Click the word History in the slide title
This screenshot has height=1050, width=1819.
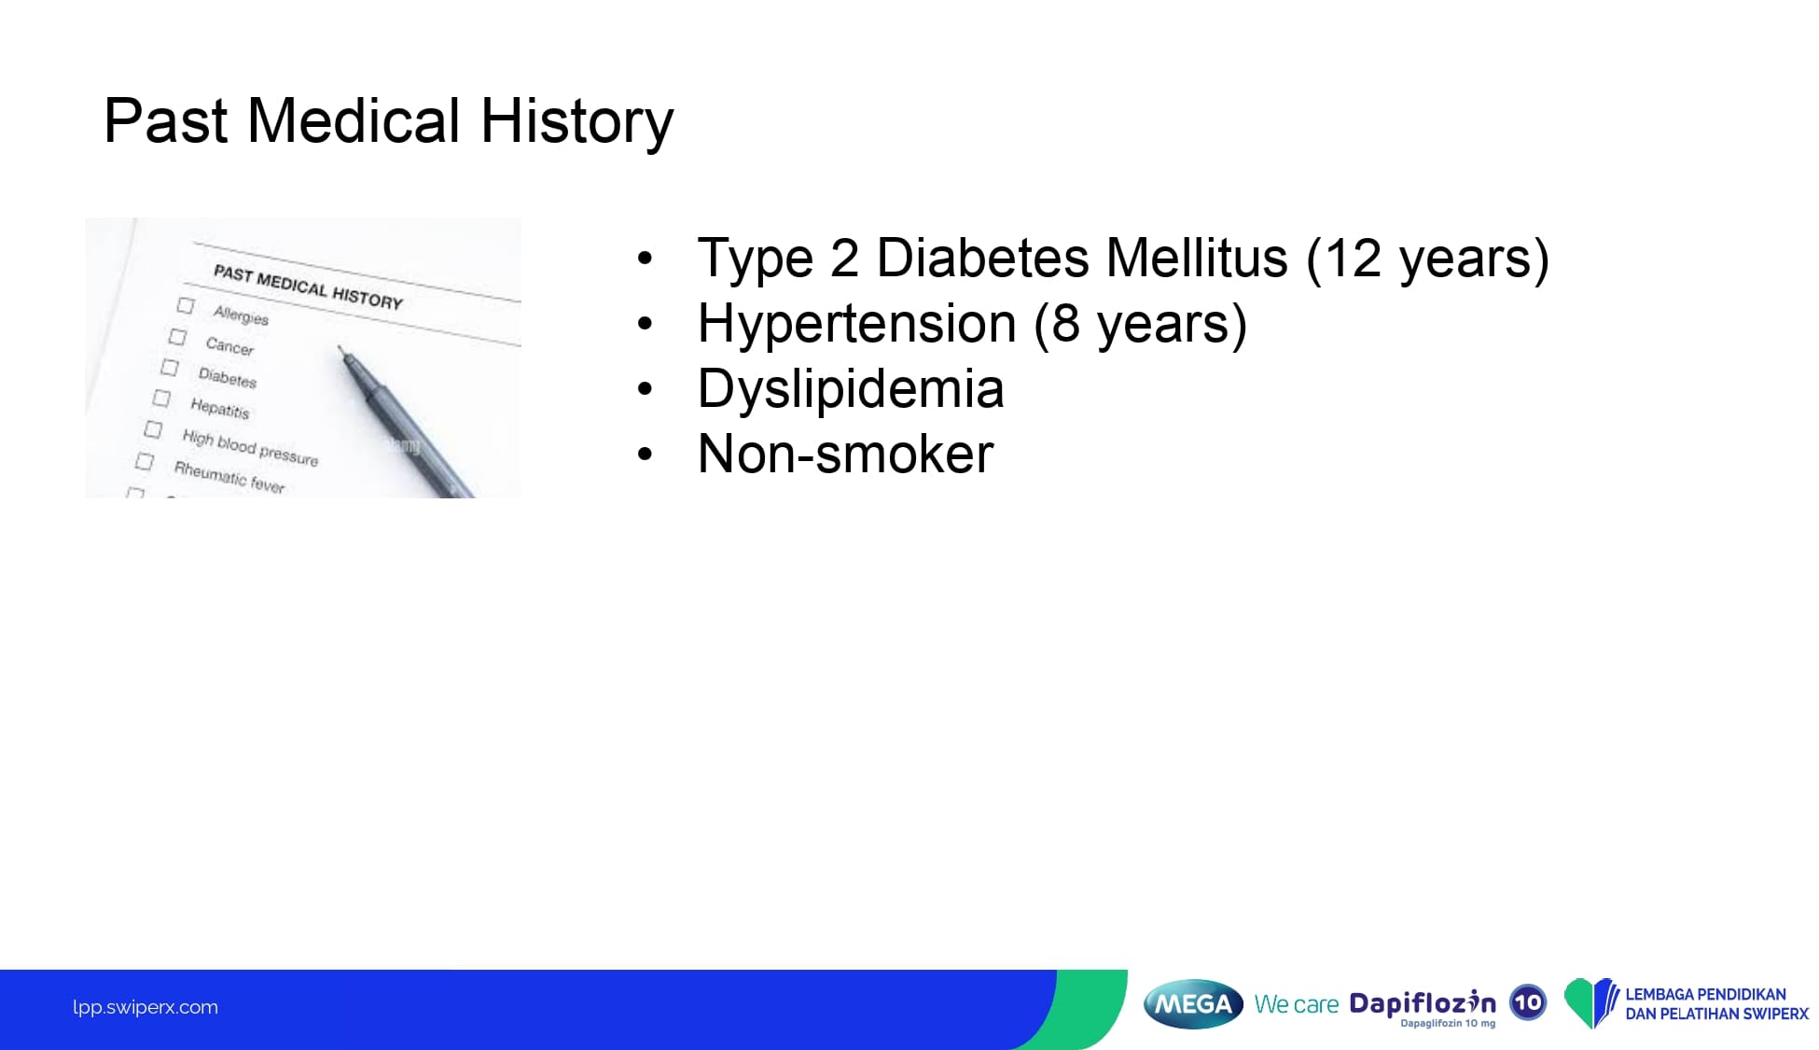576,122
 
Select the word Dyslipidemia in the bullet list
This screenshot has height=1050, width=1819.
851,390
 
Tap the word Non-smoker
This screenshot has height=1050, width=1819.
845,455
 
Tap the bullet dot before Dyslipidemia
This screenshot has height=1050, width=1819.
645,389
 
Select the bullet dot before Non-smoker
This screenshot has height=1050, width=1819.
645,455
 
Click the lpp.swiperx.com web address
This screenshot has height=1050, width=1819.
146,1007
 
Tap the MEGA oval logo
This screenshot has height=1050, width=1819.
1193,1004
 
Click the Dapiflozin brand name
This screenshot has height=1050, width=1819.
1423,1003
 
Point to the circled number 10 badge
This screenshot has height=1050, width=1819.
1528,1003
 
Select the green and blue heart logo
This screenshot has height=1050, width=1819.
1591,1003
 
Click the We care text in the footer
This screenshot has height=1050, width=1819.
1297,1004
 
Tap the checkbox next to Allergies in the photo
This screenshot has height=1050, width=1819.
186,305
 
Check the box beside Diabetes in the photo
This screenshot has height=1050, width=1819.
169,367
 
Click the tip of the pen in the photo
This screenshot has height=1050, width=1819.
340,347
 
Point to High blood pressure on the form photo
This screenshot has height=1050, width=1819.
250,448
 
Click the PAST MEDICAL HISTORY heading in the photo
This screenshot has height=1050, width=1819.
308,287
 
